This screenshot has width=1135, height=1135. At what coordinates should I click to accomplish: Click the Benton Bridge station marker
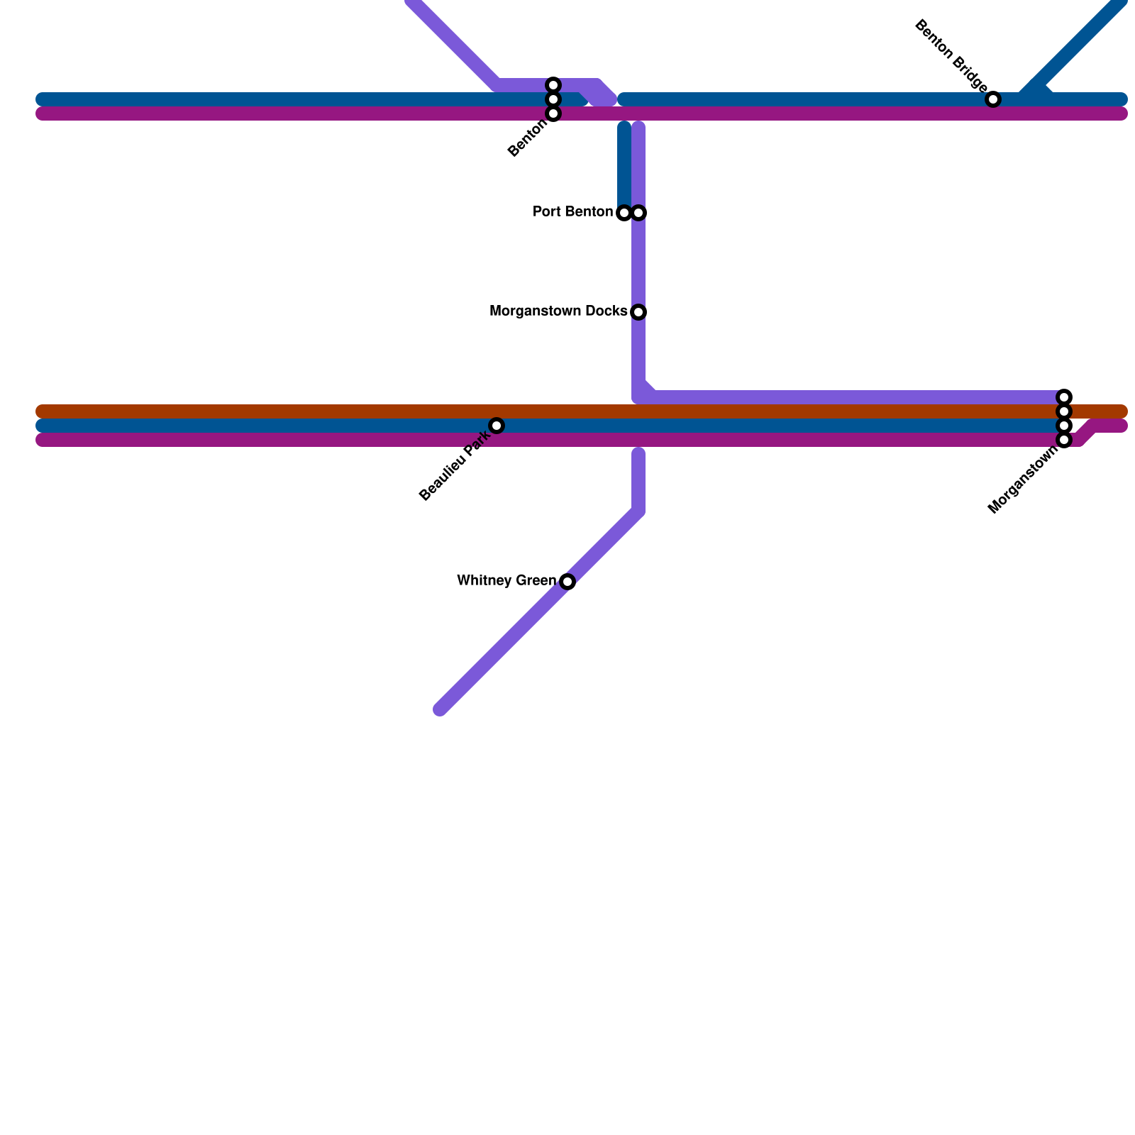click(x=993, y=99)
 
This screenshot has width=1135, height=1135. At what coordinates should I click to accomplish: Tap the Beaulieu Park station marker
click(x=497, y=426)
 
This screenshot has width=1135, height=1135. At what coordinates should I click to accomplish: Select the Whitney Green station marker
click(x=567, y=582)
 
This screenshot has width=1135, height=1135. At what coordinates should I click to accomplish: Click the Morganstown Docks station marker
click(x=638, y=312)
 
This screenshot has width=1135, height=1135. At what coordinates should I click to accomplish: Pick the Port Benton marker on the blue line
click(x=624, y=213)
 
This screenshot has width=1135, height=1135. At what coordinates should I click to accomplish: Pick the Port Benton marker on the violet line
click(x=638, y=213)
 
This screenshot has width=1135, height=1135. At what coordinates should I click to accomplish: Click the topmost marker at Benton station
click(x=553, y=85)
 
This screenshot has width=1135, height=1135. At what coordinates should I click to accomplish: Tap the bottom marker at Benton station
click(x=553, y=113)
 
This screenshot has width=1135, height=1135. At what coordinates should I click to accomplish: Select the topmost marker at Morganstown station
click(x=1064, y=397)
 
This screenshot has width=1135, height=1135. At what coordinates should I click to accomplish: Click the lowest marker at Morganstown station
click(x=1064, y=440)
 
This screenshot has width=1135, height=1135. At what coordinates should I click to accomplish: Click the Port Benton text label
click(x=572, y=212)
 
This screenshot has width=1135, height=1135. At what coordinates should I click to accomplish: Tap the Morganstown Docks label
click(x=558, y=311)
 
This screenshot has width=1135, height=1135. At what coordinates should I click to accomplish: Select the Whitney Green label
click(x=506, y=581)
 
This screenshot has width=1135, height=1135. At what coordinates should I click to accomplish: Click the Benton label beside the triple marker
click(x=528, y=138)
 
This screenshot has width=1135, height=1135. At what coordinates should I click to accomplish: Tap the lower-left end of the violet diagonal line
click(x=441, y=709)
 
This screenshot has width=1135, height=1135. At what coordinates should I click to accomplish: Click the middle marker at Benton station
click(x=553, y=99)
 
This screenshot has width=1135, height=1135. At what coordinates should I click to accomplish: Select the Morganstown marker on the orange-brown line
click(x=1064, y=411)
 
